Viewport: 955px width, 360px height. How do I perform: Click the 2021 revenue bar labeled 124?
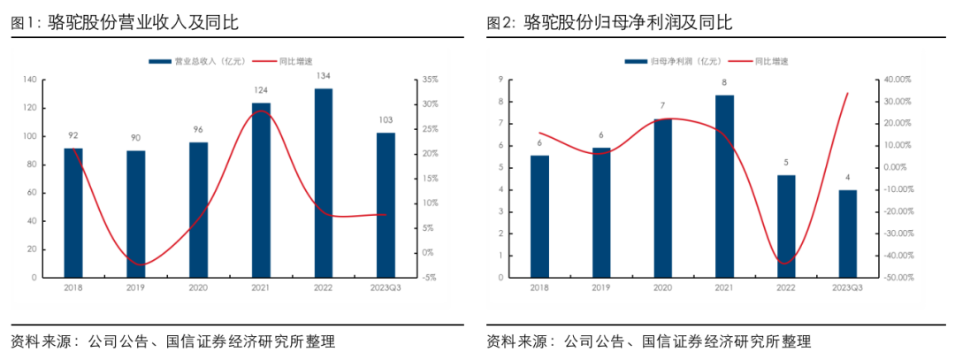coord(261,190)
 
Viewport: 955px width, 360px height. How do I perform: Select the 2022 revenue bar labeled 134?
coord(324,183)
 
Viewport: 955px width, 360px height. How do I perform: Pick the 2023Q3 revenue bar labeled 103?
coord(386,205)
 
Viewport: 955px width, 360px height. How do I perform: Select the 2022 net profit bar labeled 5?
coord(786,226)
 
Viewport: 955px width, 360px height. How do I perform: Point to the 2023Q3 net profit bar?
coord(848,234)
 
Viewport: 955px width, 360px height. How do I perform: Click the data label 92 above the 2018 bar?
coord(73,135)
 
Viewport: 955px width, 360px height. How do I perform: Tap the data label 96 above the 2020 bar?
coord(198,129)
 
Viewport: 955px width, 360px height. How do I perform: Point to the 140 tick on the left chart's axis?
coord(29,80)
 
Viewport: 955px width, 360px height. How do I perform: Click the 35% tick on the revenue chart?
coord(431,80)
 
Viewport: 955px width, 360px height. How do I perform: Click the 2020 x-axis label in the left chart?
coord(198,288)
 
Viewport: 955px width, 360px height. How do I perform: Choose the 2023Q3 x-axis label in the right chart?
coord(848,288)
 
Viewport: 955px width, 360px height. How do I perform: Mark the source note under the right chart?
coord(648,341)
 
